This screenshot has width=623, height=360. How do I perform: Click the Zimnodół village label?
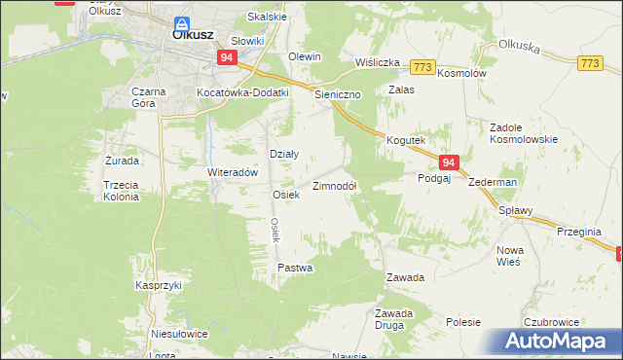pos(335,186)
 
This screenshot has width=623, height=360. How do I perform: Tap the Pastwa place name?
pos(295,268)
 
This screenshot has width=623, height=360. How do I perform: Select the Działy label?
pos(283,154)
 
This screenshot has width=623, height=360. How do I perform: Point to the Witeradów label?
pos(232,172)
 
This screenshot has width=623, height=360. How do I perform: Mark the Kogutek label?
pos(407,140)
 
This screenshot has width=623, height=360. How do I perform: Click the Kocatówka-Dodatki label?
pos(243,92)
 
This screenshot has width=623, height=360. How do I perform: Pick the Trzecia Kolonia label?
pos(121,190)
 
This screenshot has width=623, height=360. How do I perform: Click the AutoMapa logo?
pos(555,342)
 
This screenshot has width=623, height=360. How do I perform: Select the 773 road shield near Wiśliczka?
pos(421,66)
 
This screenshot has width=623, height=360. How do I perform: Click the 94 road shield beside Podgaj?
pos(448,164)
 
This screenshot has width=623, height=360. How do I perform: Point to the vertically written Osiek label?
pos(275,230)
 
